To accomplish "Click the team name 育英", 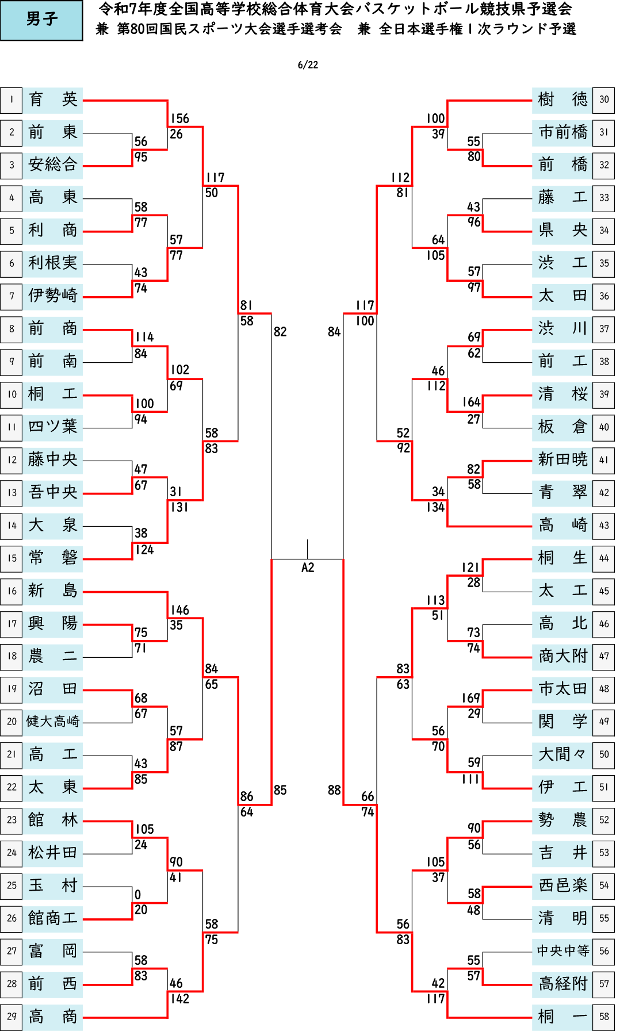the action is (53, 99).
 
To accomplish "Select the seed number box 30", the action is (604, 99).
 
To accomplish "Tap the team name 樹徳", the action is (562, 99).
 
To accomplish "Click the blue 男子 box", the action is (41, 20).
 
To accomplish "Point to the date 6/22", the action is (308, 65).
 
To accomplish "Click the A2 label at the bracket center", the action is (308, 568).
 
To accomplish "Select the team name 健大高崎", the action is (53, 721).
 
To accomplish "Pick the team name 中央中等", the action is (562, 950).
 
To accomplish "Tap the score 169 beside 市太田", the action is (471, 698).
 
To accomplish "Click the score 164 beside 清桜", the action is (471, 402).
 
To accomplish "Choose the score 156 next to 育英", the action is (179, 118).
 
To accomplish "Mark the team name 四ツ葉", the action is (53, 427).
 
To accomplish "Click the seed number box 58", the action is (604, 1016).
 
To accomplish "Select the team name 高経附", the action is (562, 983).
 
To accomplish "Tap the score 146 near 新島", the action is (179, 610).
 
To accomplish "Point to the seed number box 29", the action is (12, 1016).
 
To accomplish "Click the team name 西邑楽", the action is (562, 885).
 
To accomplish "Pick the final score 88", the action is (334, 790).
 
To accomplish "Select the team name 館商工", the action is (53, 918).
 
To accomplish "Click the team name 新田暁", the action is (562, 459).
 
